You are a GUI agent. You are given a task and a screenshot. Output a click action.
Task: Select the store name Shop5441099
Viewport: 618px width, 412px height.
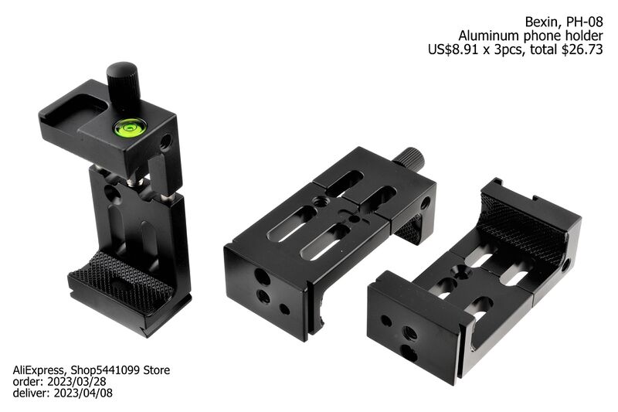107,371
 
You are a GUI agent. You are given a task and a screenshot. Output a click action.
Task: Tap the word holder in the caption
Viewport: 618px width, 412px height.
584,36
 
